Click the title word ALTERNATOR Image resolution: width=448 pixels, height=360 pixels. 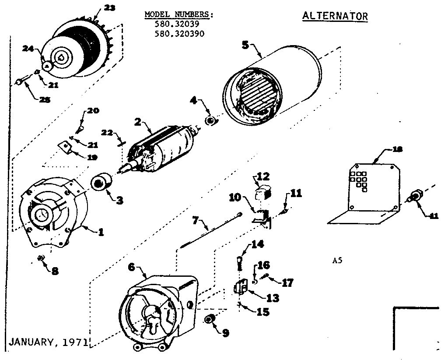coord(335,16)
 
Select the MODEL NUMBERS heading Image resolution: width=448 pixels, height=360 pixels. coord(179,15)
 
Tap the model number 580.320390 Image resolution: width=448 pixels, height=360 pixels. coord(179,33)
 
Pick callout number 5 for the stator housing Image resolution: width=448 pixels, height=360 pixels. coord(245,45)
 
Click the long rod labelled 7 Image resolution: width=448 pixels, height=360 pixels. coord(210,236)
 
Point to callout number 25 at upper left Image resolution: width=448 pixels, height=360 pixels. coord(45,100)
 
